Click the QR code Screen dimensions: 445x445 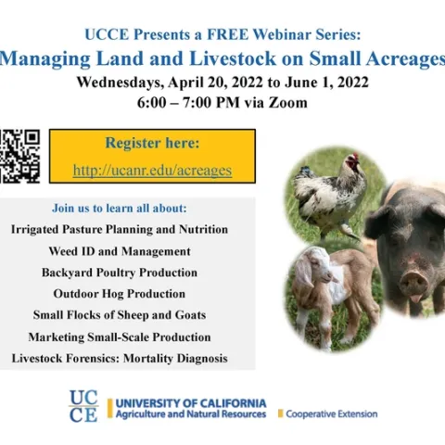pyautogui.click(x=19, y=156)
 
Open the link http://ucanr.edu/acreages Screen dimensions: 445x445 pyautogui.click(x=152, y=171)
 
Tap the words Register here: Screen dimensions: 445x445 pyautogui.click(x=152, y=144)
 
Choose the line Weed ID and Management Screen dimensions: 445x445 pyautogui.click(x=120, y=251)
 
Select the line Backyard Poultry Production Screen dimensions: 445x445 pyautogui.click(x=120, y=273)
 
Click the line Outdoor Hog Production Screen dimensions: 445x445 pyautogui.click(x=120, y=294)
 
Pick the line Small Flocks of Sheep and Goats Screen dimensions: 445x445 pyautogui.click(x=120, y=315)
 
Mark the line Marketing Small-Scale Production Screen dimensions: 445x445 pyautogui.click(x=120, y=337)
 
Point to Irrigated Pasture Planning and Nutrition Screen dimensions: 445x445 pyautogui.click(x=120, y=229)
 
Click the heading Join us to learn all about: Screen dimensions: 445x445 pyautogui.click(x=120, y=208)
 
